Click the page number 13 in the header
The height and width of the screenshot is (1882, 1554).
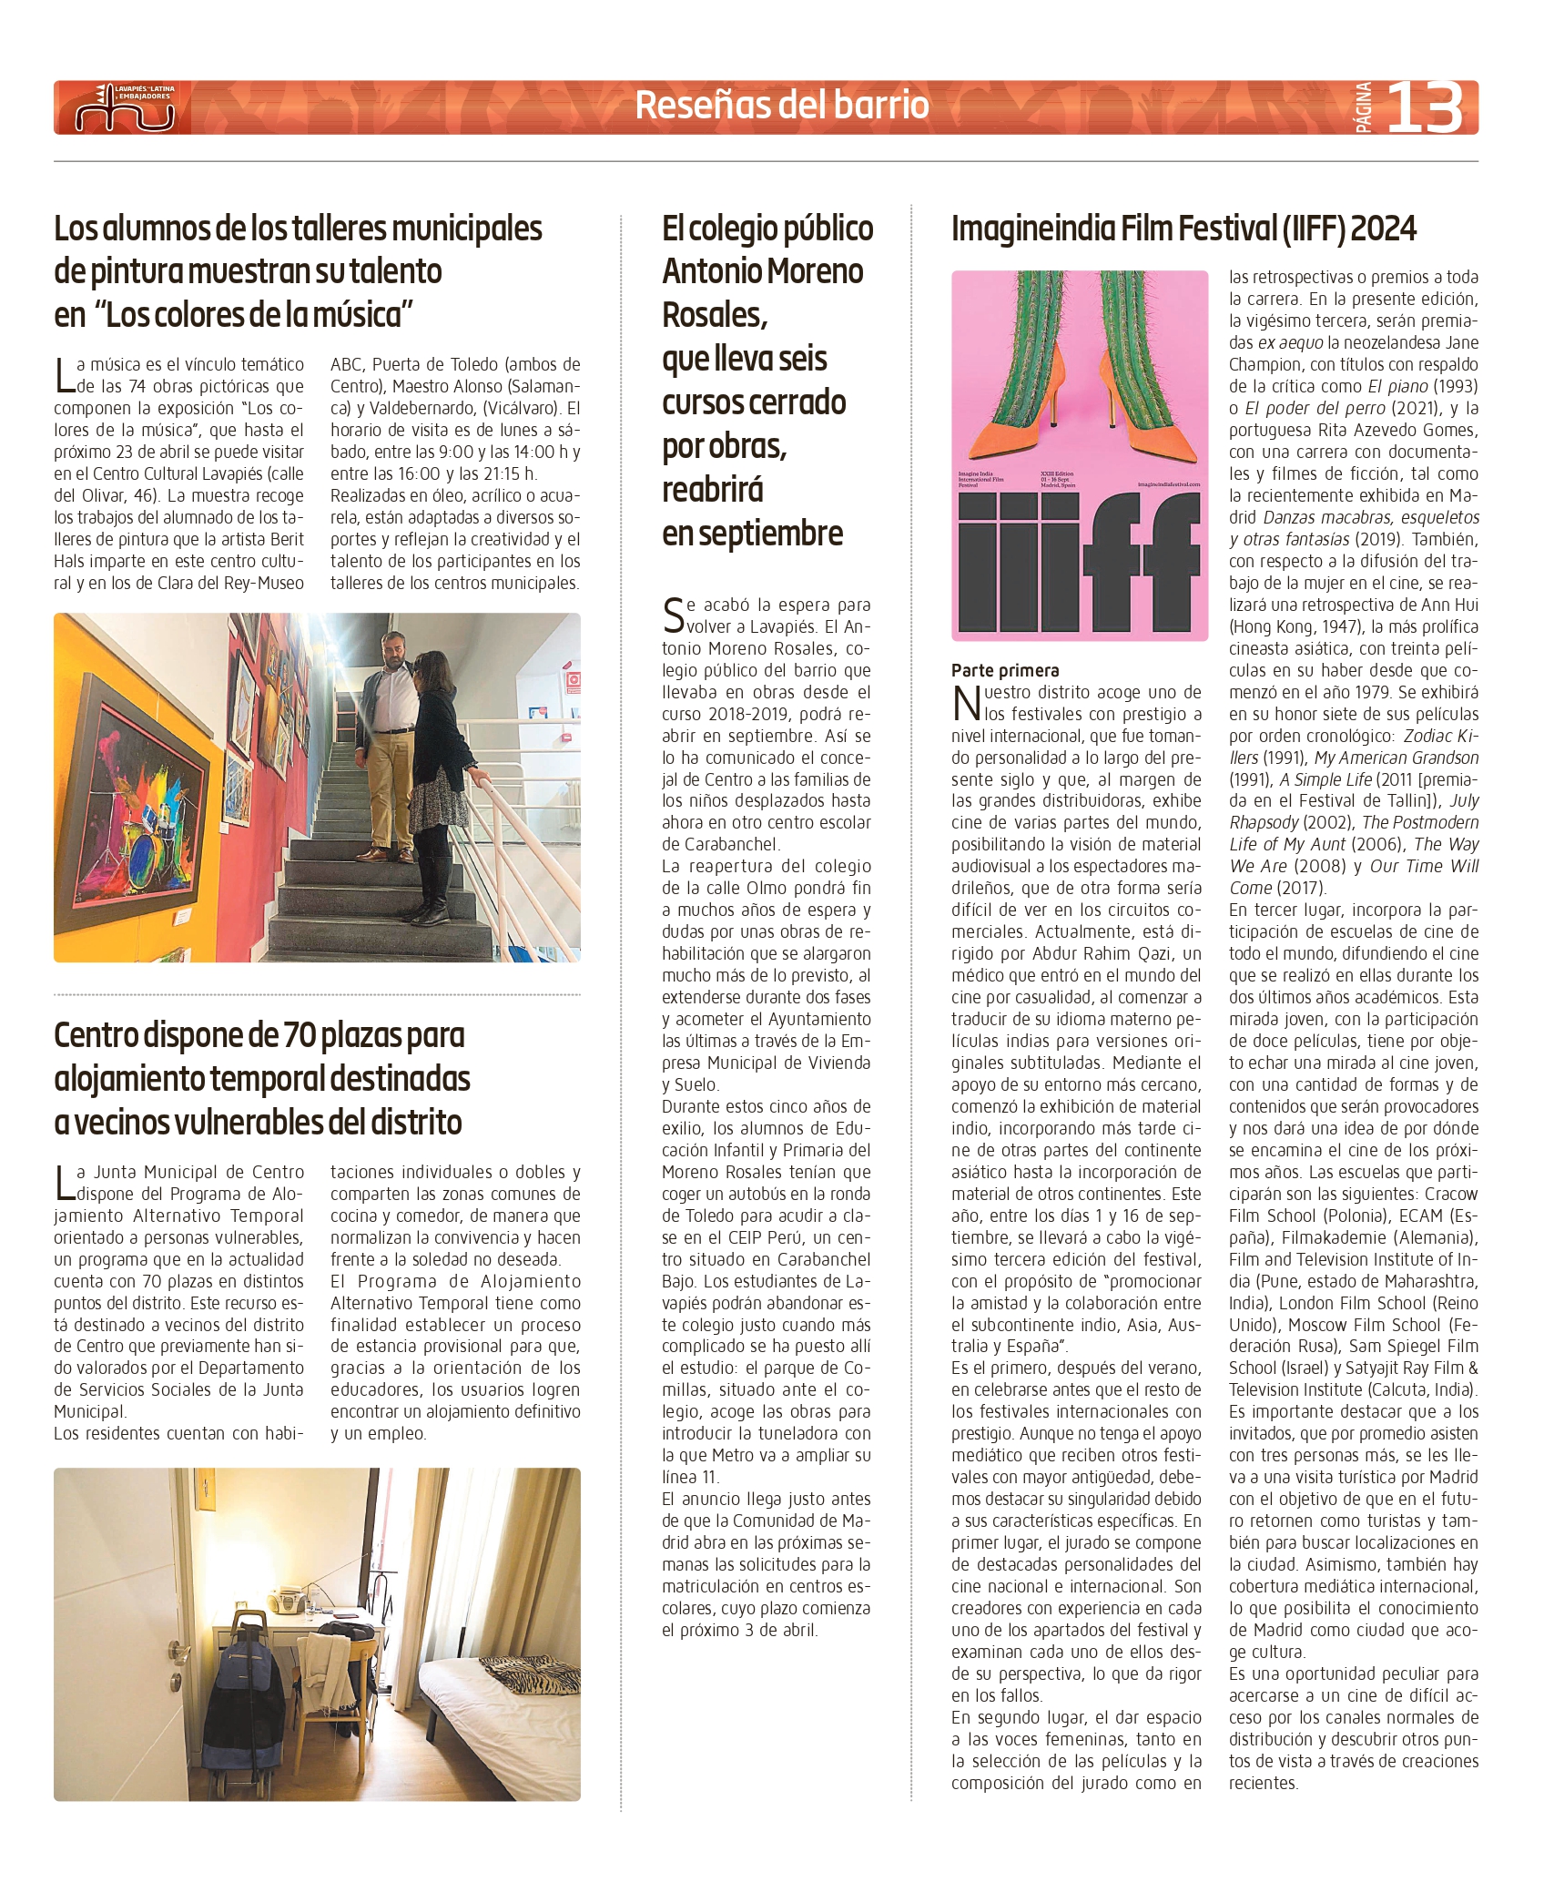[x=1425, y=107]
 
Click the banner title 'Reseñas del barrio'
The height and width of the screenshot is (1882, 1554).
[x=781, y=106]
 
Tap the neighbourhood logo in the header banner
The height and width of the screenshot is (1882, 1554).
[x=125, y=108]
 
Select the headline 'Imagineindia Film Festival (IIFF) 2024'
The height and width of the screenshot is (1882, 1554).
[x=1183, y=229]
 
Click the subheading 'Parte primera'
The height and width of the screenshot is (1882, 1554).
[x=1005, y=670]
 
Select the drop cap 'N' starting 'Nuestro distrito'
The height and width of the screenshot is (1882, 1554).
[x=966, y=703]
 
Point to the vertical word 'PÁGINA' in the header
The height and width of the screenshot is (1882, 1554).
[x=1364, y=107]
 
